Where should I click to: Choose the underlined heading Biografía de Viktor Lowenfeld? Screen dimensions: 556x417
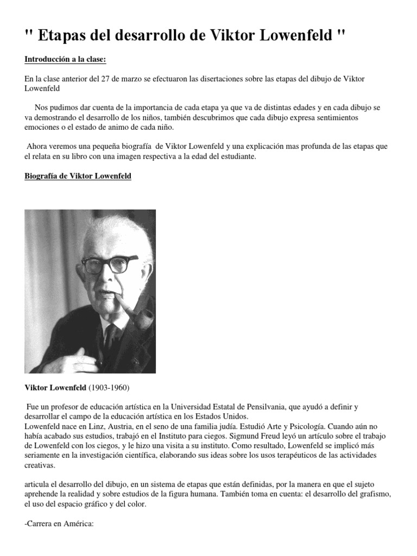point(78,176)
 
